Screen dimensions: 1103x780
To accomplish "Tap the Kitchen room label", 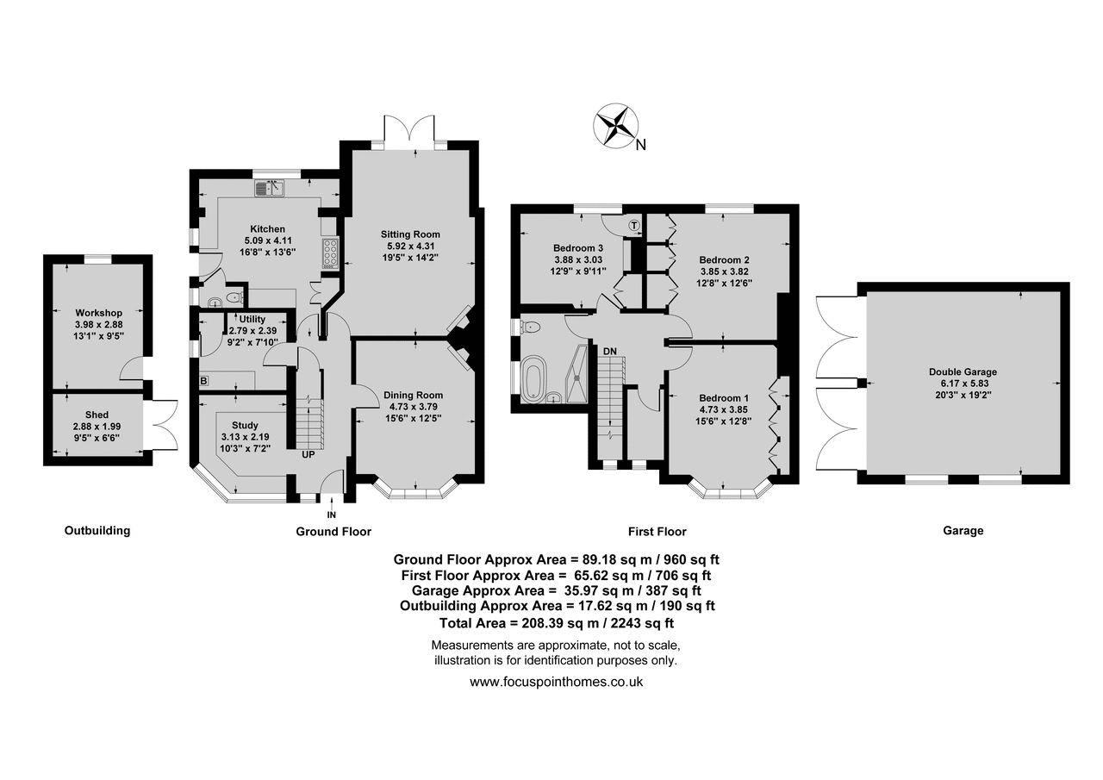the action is pyautogui.click(x=267, y=229).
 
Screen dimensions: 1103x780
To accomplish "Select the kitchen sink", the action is pyautogui.click(x=270, y=188).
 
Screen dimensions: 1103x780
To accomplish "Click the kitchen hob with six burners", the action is pyautogui.click(x=330, y=253).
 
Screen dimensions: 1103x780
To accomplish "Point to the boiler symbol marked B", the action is pyautogui.click(x=203, y=381).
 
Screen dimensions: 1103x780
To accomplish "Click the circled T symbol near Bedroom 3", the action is pyautogui.click(x=634, y=226).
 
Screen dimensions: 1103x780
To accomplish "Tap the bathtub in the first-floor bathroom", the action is pyautogui.click(x=532, y=378).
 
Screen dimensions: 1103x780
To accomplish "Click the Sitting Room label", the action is pyautogui.click(x=410, y=234).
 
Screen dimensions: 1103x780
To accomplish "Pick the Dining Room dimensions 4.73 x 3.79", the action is pyautogui.click(x=413, y=407).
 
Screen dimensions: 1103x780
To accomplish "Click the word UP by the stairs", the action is pyautogui.click(x=308, y=454).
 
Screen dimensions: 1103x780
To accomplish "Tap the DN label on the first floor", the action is pyautogui.click(x=610, y=351).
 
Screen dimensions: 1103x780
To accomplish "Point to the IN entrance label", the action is pyautogui.click(x=332, y=515).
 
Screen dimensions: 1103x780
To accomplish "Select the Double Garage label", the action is pyautogui.click(x=963, y=371).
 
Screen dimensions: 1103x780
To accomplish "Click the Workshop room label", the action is pyautogui.click(x=98, y=313).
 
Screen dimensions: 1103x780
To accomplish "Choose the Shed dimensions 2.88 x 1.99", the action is pyautogui.click(x=97, y=427).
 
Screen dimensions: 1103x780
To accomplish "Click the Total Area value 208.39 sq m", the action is pyautogui.click(x=560, y=623).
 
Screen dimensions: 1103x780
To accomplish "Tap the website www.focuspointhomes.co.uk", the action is pyautogui.click(x=557, y=682).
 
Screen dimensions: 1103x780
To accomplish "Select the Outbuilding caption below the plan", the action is pyautogui.click(x=97, y=531).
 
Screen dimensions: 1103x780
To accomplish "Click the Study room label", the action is pyautogui.click(x=245, y=425).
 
